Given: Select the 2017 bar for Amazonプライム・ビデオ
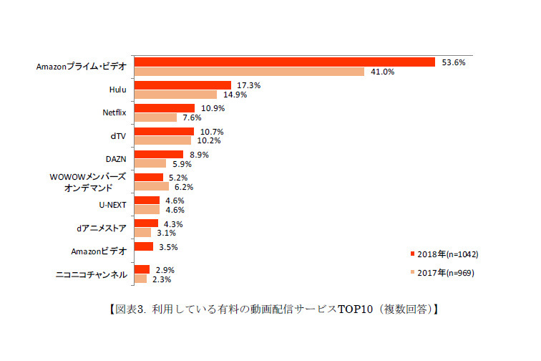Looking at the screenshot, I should click(249, 72).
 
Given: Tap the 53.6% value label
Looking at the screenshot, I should click(454, 62).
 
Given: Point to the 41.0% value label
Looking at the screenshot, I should click(383, 72).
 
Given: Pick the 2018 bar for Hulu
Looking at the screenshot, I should click(182, 85).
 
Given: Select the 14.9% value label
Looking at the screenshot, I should click(235, 95).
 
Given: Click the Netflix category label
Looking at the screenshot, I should click(114, 112).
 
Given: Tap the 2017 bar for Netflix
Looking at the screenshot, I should click(155, 117).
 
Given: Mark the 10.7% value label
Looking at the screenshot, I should click(212, 131).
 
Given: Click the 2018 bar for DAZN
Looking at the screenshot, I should click(159, 154).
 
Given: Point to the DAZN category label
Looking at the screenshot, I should click(116, 158).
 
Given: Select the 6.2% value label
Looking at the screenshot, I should click(184, 186).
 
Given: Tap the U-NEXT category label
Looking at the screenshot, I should click(112, 204).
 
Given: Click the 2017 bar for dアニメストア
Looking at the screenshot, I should click(142, 232).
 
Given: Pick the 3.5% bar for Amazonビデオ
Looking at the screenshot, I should click(144, 246).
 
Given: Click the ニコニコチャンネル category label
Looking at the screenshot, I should click(91, 274).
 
